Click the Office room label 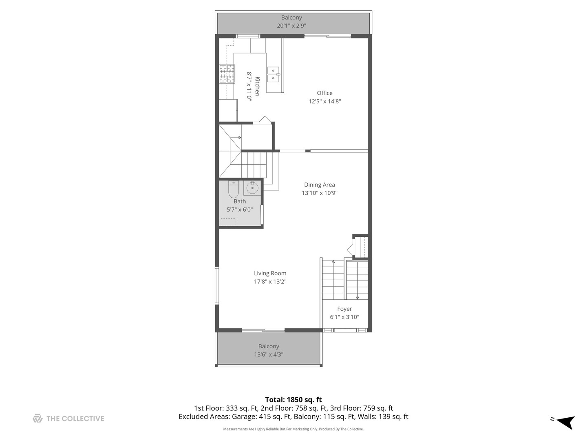[x=324, y=93]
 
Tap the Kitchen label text [x=257, y=86]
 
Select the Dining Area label [x=319, y=185]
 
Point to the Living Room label [x=270, y=274]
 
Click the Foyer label [x=344, y=309]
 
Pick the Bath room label [x=240, y=201]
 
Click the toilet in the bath [x=233, y=190]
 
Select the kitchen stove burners [x=227, y=74]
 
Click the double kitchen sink [x=273, y=74]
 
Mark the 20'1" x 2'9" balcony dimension [x=291, y=26]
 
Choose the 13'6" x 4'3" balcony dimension [x=269, y=354]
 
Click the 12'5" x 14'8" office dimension [x=324, y=101]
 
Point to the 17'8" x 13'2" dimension [x=270, y=282]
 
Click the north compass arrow [x=565, y=422]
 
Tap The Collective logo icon [x=38, y=419]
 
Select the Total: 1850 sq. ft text [x=293, y=400]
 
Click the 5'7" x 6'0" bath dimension [x=240, y=209]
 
